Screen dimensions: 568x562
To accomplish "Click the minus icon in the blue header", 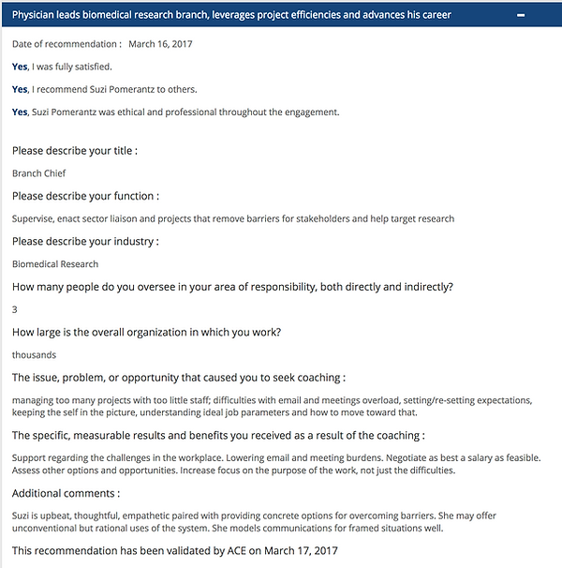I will click(x=544, y=15).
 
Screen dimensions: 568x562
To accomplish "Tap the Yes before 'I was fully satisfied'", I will click(x=20, y=67).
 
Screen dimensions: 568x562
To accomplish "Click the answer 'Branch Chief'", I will click(x=38, y=173).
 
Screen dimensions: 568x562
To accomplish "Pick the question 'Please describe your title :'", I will click(x=75, y=151).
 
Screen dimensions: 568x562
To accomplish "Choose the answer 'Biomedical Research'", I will click(x=55, y=264).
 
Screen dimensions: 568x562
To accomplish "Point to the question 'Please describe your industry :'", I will click(x=85, y=242).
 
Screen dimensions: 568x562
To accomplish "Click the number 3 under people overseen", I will click(x=15, y=309).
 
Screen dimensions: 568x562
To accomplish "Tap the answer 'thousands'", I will click(x=34, y=355).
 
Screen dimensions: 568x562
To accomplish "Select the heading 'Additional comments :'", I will click(x=67, y=493).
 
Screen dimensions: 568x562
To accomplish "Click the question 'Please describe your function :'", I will click(x=85, y=197).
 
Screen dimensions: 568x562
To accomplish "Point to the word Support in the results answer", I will click(x=31, y=457).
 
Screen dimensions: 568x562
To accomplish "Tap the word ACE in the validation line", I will click(x=240, y=550).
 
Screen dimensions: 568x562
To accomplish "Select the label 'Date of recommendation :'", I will click(x=67, y=44).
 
